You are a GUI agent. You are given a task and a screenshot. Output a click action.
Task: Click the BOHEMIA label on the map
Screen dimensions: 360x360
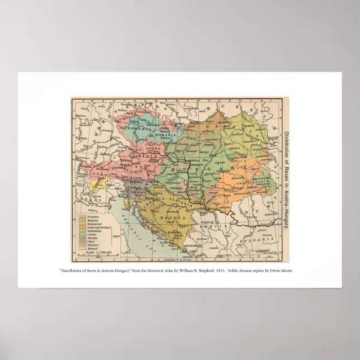[x=138, y=129]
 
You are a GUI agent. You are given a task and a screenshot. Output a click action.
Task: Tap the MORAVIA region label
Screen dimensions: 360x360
[x=165, y=135]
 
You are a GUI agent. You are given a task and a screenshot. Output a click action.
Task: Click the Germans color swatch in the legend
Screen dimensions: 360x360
[x=82, y=215]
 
